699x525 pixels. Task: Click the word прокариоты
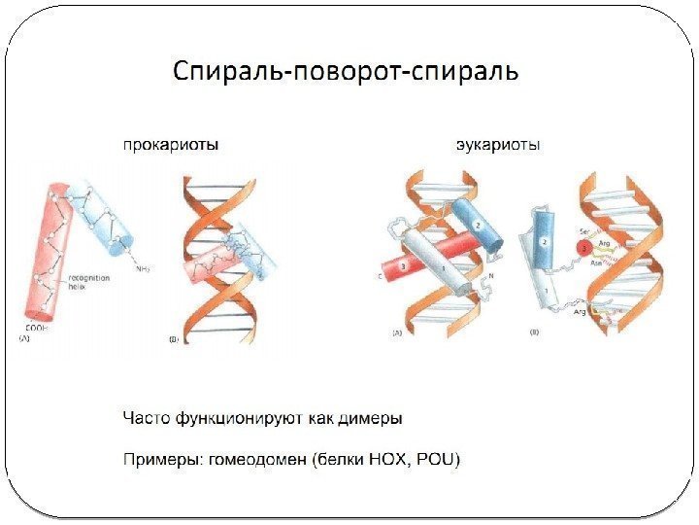coord(169,145)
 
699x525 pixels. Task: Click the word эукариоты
coord(499,145)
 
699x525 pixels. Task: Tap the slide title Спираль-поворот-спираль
coord(346,72)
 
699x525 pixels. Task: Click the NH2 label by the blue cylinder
coord(142,267)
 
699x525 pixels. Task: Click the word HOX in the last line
coord(389,458)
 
